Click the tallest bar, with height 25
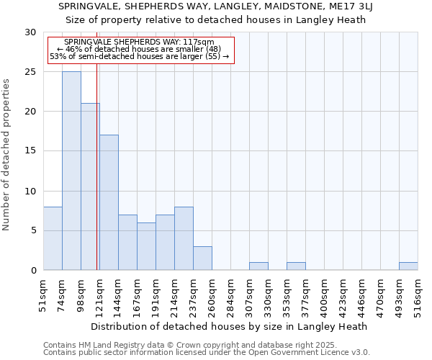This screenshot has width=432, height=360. pyautogui.click(x=71, y=171)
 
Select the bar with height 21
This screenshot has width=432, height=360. pyautogui.click(x=90, y=186)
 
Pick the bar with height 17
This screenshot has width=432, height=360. pyautogui.click(x=109, y=202)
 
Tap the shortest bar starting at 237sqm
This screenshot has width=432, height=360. pyautogui.click(x=202, y=258)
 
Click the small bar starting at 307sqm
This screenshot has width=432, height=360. pyautogui.click(x=258, y=266)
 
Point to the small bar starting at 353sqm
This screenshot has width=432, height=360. pyautogui.click(x=296, y=266)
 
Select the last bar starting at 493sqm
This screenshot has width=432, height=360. pyautogui.click(x=408, y=266)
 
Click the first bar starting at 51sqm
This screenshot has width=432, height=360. pyautogui.click(x=53, y=238)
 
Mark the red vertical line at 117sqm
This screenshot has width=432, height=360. pyautogui.click(x=96, y=180)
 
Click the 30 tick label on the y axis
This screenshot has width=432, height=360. pyautogui.click(x=30, y=32)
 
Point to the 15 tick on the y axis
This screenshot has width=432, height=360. pyautogui.click(x=30, y=151)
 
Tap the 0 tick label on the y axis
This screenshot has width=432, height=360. pyautogui.click(x=33, y=270)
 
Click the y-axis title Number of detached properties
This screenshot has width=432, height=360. pyautogui.click(x=6, y=155)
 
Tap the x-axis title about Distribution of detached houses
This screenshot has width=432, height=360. pyautogui.click(x=230, y=326)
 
